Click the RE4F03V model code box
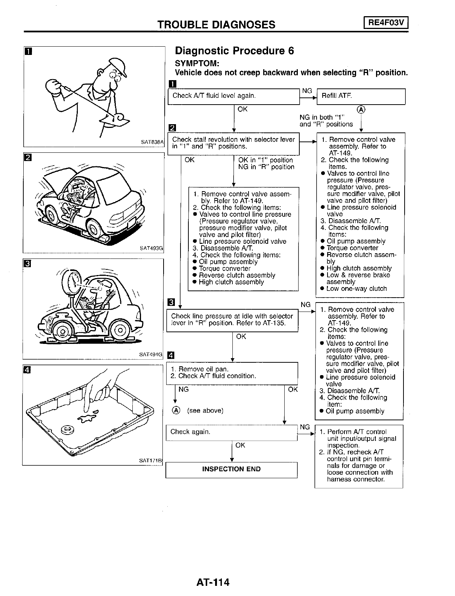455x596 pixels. pos(386,23)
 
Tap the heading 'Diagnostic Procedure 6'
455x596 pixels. pos(235,51)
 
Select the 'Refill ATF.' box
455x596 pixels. pos(361,96)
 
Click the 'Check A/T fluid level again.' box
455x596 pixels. pos(233,96)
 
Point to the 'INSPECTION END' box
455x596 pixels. pos(231,469)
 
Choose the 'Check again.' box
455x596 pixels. pos(231,432)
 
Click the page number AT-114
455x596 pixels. pos(212,582)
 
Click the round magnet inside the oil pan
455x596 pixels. pos(68,429)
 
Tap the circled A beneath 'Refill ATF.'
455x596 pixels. pos(361,109)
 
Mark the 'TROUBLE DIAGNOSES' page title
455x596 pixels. pos(216,24)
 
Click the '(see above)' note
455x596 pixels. pos(205,411)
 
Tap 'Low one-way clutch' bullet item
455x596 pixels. pos(356,289)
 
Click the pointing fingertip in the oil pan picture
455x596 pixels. pos(86,412)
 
